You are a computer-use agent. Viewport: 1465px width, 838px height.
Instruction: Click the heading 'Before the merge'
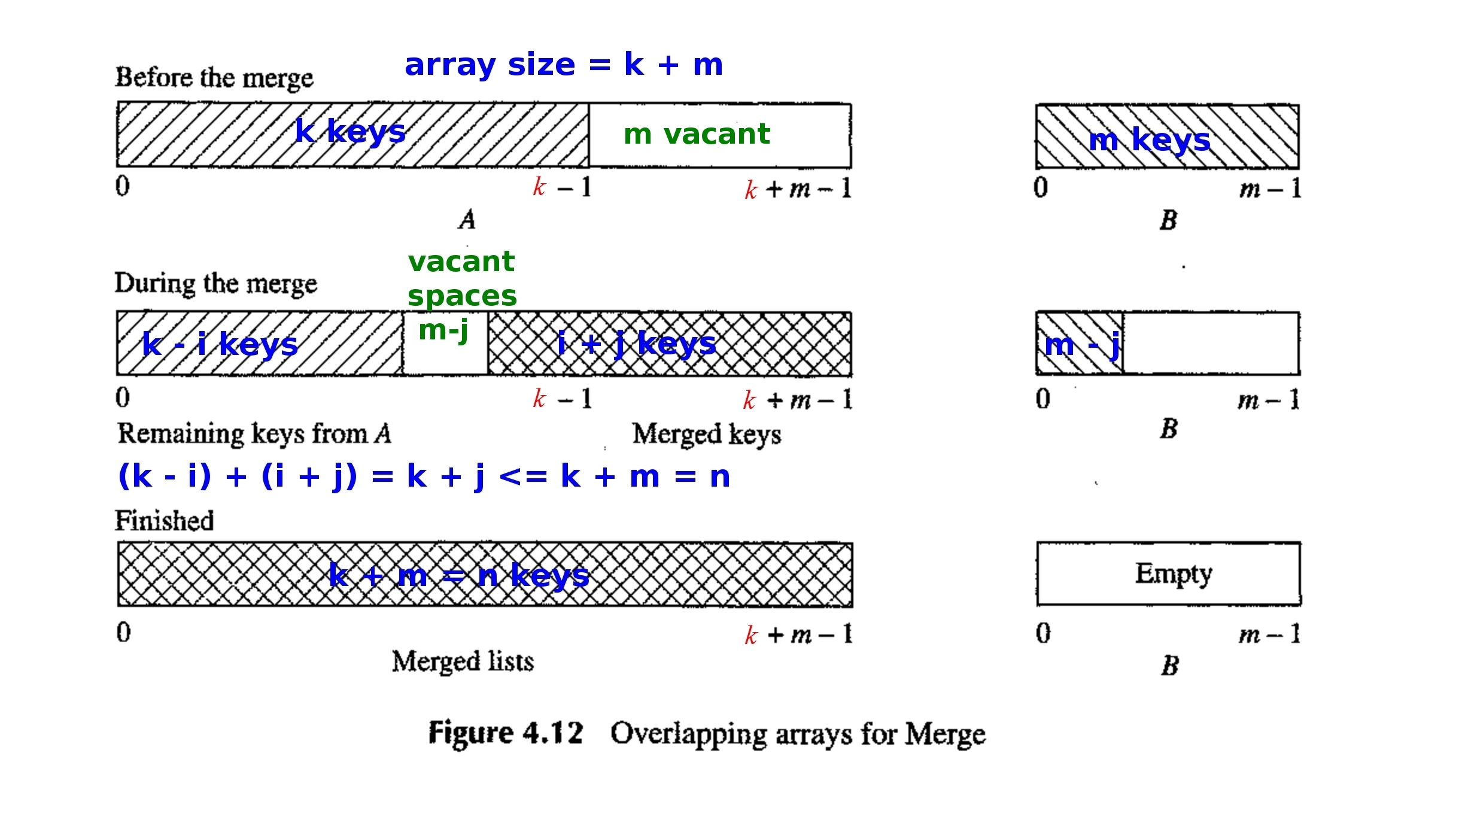point(214,78)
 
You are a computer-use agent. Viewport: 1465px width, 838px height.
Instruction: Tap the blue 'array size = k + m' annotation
point(564,65)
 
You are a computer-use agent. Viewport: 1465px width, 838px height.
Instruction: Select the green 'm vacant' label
point(697,134)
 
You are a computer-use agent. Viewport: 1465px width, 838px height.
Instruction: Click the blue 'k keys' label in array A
point(351,132)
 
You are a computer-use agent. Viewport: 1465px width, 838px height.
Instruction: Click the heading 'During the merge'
point(215,284)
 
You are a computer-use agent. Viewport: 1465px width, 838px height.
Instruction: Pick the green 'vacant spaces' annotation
point(461,278)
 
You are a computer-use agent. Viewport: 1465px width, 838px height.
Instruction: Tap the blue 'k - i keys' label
point(220,345)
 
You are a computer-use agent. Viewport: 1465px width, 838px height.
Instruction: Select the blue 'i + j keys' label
point(637,344)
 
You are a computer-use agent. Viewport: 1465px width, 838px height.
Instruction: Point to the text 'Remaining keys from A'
point(254,433)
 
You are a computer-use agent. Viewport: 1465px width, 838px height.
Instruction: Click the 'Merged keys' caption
point(707,435)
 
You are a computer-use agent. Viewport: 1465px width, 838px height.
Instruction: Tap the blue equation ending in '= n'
point(424,477)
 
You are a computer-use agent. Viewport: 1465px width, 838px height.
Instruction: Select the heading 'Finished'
point(165,521)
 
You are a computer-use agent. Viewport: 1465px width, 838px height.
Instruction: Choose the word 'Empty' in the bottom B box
point(1174,573)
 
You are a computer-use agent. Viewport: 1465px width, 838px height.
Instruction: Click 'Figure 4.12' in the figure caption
point(506,733)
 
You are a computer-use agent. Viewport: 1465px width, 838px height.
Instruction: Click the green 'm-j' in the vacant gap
point(443,330)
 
